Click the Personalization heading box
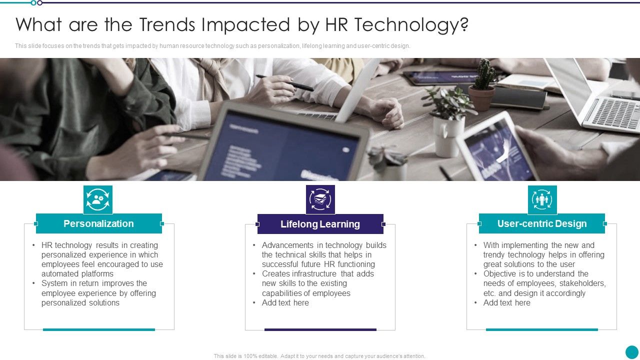pyautogui.click(x=98, y=223)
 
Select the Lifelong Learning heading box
pyautogui.click(x=320, y=224)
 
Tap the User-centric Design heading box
pyautogui.click(x=542, y=223)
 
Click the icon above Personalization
pyautogui.click(x=98, y=199)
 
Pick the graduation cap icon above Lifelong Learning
pyautogui.click(x=320, y=199)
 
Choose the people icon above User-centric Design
pyautogui.click(x=542, y=200)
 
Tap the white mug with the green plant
pyautogui.click(x=447, y=135)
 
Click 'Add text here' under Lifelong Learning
pyautogui.click(x=285, y=302)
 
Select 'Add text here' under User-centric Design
pyautogui.click(x=506, y=302)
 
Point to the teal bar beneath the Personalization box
pyautogui.click(x=99, y=329)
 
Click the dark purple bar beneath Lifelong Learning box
pyautogui.click(x=320, y=329)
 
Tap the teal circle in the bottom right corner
pyautogui.click(x=632, y=352)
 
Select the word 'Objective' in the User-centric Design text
pyautogui.click(x=500, y=273)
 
